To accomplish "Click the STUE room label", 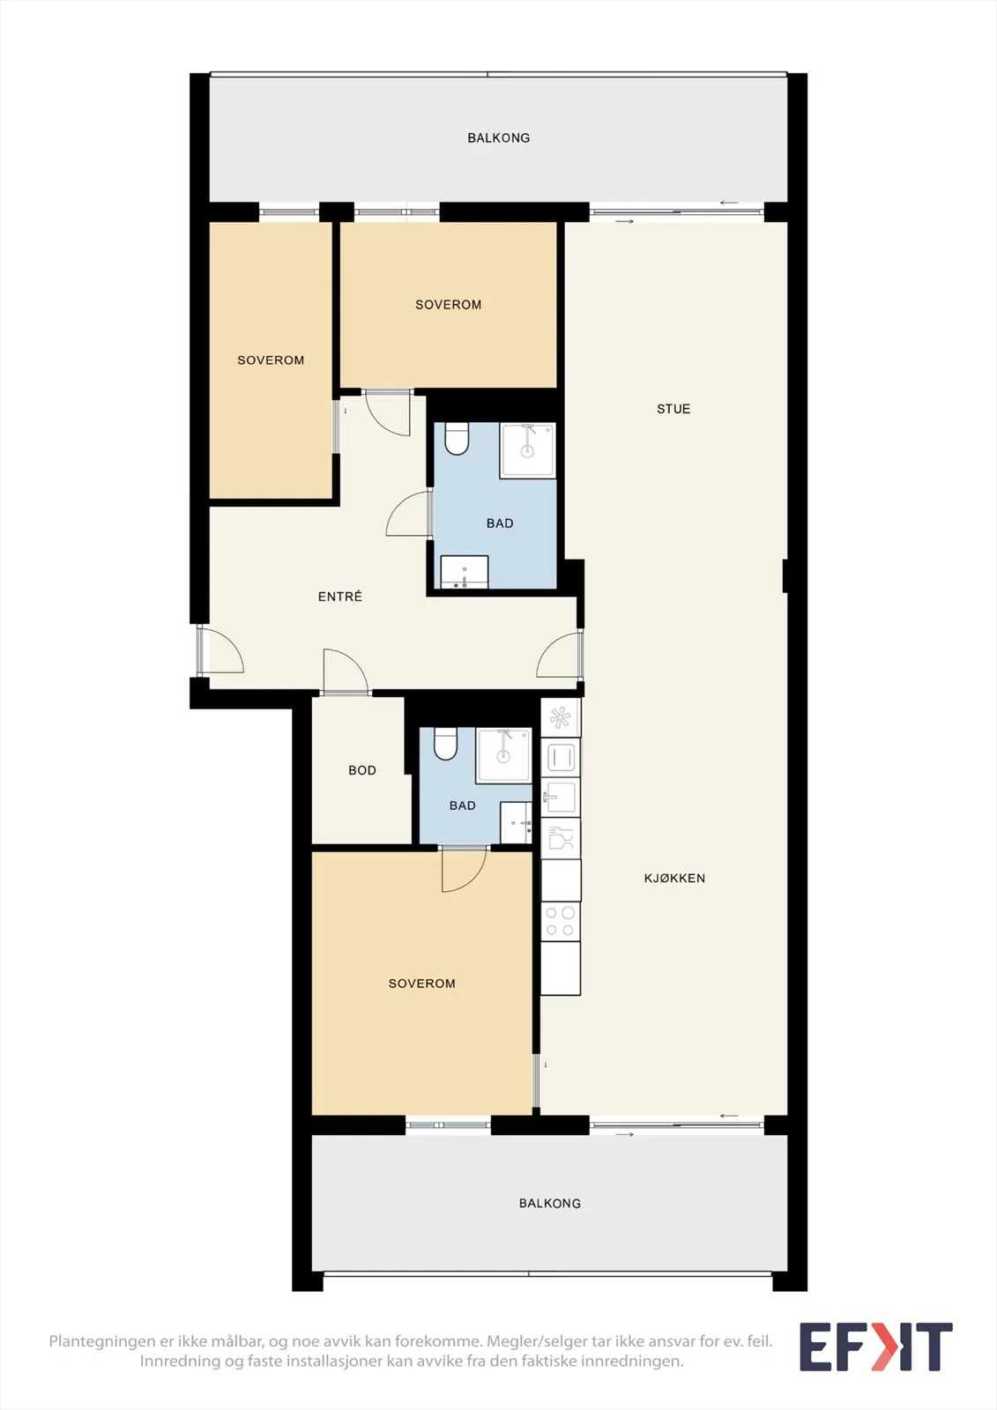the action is (673, 409).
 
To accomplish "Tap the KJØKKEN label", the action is (674, 878).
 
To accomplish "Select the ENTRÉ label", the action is (340, 596).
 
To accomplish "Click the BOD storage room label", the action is (362, 770).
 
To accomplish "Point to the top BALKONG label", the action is (499, 137).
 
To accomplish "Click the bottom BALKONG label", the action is (550, 1203).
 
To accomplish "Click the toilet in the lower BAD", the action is (444, 744).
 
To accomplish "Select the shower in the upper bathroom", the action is (528, 450).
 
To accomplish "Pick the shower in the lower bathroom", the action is (504, 755).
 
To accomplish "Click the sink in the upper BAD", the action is (465, 572).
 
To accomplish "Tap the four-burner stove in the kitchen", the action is (561, 922).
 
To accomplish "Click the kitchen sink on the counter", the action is (561, 798).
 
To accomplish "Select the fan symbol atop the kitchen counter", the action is (561, 717).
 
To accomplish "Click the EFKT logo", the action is (876, 1347).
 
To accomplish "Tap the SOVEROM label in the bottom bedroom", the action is (422, 983).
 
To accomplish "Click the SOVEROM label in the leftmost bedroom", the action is (271, 360).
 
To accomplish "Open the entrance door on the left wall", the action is (219, 650).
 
